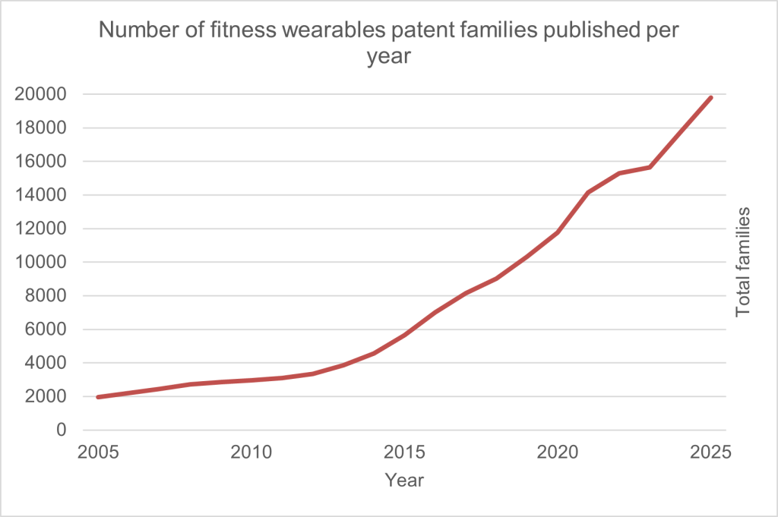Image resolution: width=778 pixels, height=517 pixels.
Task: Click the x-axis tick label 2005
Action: pyautogui.click(x=99, y=452)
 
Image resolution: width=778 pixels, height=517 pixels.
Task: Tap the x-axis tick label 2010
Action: pyautogui.click(x=251, y=452)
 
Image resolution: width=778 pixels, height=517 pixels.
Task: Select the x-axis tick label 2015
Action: pyautogui.click(x=405, y=452)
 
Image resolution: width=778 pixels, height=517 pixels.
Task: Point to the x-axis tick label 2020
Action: pyautogui.click(x=558, y=452)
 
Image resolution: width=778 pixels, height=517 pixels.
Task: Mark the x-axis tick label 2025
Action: pyautogui.click(x=711, y=452)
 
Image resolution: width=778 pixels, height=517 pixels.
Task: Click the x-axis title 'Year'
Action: pyautogui.click(x=404, y=481)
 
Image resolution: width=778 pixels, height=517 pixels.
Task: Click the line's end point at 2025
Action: pyautogui.click(x=711, y=97)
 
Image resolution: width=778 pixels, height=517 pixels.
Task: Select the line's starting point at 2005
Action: pyautogui.click(x=99, y=397)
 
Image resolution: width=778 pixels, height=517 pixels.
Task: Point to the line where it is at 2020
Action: pyautogui.click(x=558, y=232)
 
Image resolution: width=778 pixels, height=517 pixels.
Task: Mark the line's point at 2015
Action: pyautogui.click(x=405, y=335)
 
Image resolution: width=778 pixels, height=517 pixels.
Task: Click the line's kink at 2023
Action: pyautogui.click(x=650, y=167)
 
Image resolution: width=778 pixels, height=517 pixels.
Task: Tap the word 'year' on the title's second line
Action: pyautogui.click(x=388, y=58)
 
